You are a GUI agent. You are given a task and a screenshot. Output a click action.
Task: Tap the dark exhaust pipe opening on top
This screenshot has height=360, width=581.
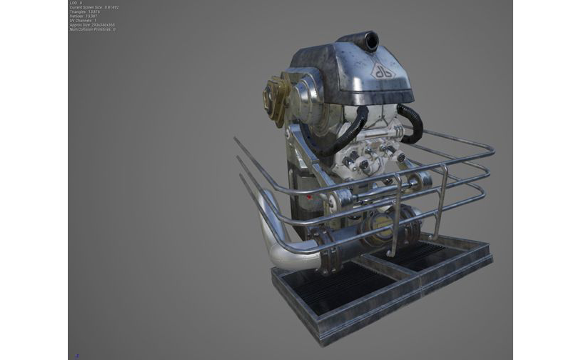coord(369,41)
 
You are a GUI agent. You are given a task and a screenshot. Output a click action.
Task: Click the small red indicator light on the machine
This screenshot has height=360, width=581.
coord(309,195)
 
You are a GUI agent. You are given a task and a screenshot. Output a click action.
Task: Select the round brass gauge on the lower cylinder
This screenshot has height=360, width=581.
coord(378,228)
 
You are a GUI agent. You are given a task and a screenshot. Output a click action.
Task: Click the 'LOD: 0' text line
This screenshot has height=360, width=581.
coord(76,3)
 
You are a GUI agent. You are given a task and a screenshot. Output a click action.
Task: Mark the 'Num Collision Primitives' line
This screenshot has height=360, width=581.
coord(93,29)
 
